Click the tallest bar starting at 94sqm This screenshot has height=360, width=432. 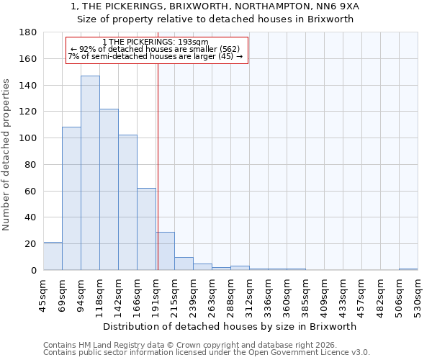tap(90, 173)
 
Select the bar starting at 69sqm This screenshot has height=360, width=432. tap(71, 199)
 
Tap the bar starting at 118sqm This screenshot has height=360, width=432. tap(109, 189)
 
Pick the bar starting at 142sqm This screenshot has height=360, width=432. tap(127, 202)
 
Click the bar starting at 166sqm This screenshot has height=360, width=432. tap(146, 229)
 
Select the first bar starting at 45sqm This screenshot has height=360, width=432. tap(53, 256)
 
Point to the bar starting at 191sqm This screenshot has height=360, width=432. tap(165, 251)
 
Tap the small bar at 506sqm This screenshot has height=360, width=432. tap(408, 269)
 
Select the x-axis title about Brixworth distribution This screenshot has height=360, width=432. tap(230, 326)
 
